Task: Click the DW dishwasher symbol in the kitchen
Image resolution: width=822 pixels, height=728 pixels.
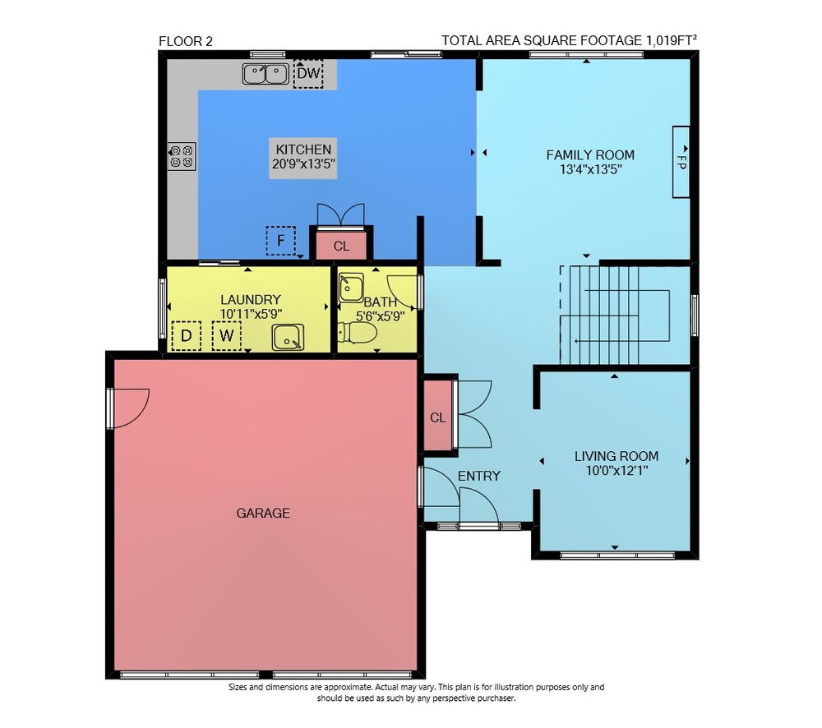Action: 307,73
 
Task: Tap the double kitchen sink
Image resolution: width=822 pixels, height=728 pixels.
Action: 266,74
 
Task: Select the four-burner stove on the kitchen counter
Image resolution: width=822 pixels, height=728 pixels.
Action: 182,156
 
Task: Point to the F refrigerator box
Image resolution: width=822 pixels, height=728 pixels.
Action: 280,241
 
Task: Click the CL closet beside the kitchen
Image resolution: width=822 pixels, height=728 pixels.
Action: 341,246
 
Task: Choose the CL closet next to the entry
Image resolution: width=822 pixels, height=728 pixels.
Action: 438,417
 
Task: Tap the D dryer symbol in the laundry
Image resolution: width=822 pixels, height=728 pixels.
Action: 186,335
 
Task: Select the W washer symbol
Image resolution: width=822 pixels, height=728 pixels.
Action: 227,335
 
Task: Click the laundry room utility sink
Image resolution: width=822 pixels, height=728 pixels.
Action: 288,337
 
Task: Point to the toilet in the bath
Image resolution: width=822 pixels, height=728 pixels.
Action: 358,332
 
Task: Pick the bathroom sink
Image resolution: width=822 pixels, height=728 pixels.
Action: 351,288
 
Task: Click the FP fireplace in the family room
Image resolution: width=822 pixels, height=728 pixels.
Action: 681,162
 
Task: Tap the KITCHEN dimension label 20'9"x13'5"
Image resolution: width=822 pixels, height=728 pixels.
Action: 303,164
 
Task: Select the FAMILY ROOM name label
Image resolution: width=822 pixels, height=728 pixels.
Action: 590,154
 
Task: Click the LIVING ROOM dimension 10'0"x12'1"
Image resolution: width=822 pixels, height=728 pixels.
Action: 616,470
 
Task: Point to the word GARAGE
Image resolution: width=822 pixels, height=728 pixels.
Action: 263,513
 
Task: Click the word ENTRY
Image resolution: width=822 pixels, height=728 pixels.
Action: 479,476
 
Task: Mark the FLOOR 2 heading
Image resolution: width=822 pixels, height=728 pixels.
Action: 186,41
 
